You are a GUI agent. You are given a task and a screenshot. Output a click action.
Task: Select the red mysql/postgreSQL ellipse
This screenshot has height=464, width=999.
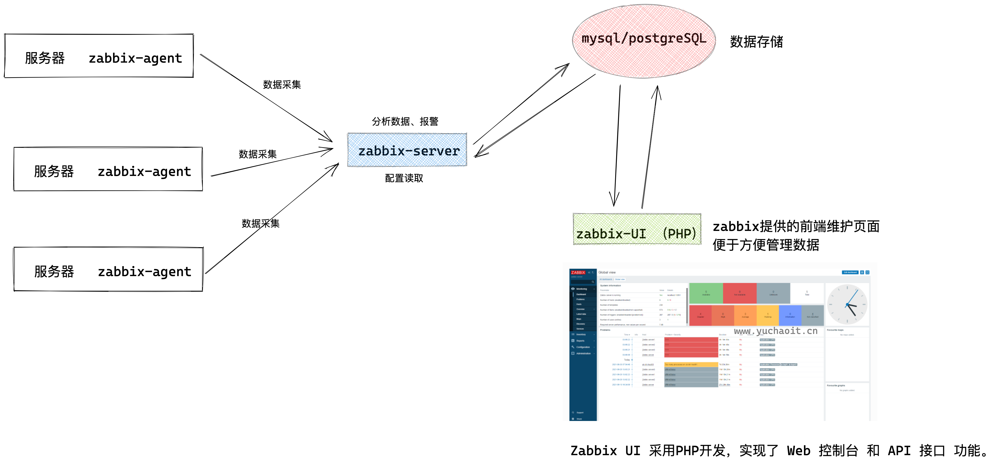tap(644, 41)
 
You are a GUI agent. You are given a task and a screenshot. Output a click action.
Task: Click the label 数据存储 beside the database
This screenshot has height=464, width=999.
tap(756, 42)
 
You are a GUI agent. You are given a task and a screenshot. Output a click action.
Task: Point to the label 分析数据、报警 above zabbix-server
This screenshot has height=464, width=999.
tap(405, 121)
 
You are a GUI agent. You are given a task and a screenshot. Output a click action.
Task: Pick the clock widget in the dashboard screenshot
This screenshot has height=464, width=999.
tap(847, 305)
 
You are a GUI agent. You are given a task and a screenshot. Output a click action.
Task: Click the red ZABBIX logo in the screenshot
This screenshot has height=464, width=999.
tap(578, 272)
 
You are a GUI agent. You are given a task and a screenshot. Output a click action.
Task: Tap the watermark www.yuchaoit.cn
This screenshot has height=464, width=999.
tap(776, 331)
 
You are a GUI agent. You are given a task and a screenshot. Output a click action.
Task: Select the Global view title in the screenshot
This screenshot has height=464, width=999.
tap(607, 272)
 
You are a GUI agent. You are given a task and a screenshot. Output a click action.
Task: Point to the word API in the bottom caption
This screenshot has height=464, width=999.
tap(899, 451)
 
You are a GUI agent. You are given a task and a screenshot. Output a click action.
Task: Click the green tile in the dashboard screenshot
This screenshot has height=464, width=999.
tap(706, 293)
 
